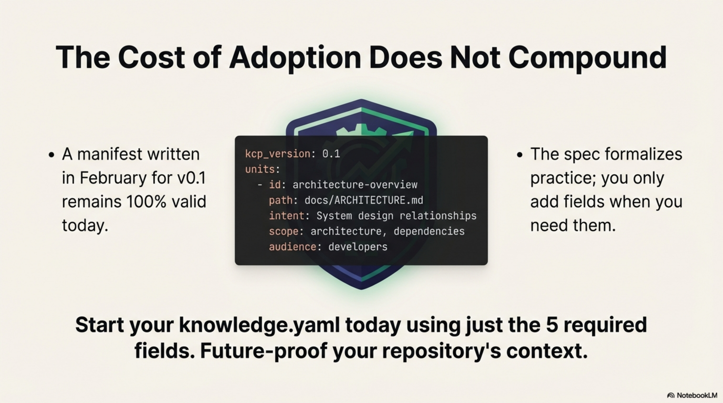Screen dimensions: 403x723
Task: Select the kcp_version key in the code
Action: (x=277, y=154)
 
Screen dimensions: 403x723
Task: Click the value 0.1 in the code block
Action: (x=331, y=154)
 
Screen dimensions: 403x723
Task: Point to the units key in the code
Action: (x=259, y=169)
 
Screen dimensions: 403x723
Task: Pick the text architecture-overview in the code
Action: (x=355, y=185)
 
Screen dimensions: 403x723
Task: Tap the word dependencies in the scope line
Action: (x=429, y=231)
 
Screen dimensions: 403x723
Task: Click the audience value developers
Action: (x=358, y=247)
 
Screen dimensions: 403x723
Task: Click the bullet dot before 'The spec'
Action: (x=519, y=155)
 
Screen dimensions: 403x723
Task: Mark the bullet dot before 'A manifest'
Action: (x=51, y=155)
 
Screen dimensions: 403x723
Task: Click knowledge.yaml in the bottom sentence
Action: (x=259, y=325)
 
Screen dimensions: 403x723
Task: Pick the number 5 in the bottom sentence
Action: (x=552, y=325)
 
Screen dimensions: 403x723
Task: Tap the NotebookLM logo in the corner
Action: (x=692, y=395)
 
